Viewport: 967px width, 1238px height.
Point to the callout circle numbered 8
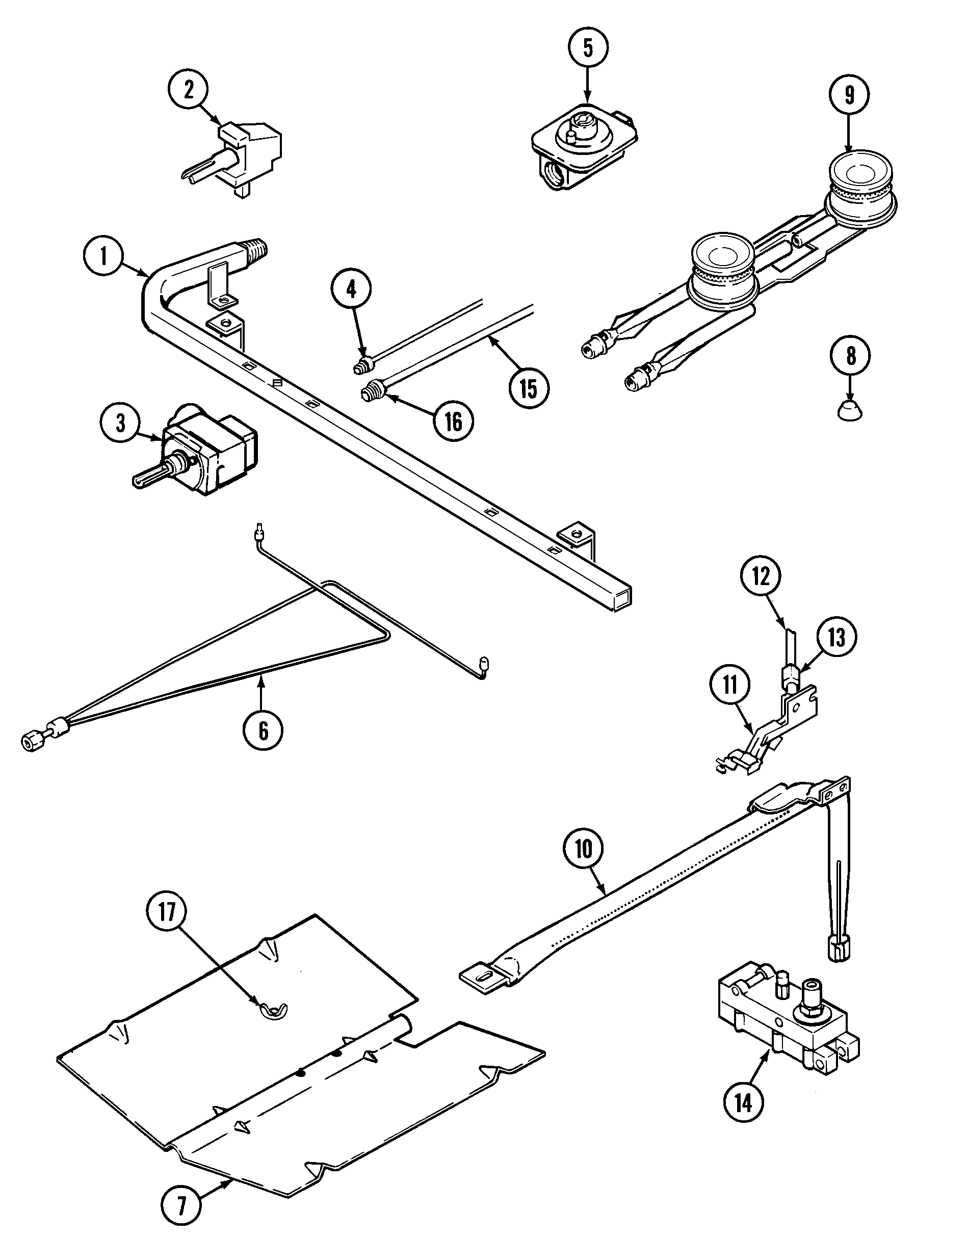tap(850, 356)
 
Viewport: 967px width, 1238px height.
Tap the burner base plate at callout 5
tap(584, 142)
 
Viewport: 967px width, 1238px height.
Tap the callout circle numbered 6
tap(264, 731)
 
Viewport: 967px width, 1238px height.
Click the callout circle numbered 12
tap(761, 576)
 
